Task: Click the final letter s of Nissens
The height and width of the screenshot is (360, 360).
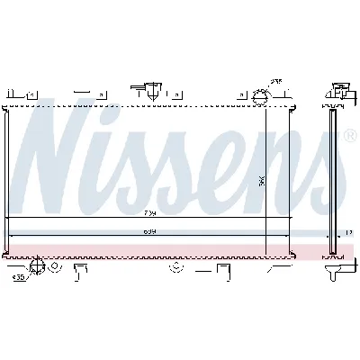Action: [x=326, y=180]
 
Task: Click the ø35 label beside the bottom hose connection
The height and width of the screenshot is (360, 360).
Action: [x=19, y=277]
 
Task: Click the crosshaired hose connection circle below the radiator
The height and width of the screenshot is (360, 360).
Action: [x=36, y=266]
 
